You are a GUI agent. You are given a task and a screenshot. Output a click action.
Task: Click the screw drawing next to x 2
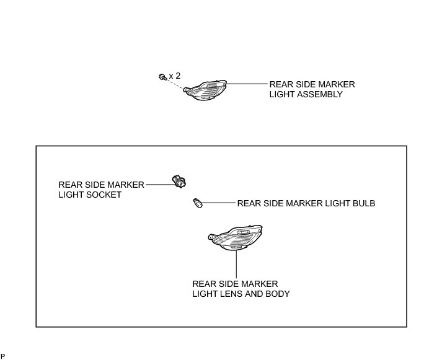coord(162,77)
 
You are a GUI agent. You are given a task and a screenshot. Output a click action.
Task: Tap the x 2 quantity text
coord(175,76)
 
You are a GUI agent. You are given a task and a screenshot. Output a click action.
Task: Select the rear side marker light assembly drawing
coord(207,92)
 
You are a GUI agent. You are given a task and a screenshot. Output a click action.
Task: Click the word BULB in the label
coord(362,203)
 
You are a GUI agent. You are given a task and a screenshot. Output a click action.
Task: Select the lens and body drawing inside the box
coord(235,239)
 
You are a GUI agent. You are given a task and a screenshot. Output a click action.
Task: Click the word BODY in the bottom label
coord(276,293)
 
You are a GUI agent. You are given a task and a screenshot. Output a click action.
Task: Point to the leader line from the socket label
coord(159,183)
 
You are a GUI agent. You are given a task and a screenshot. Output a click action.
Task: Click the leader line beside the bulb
coord(217,203)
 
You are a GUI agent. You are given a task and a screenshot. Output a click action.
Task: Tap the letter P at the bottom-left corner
coord(2,356)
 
